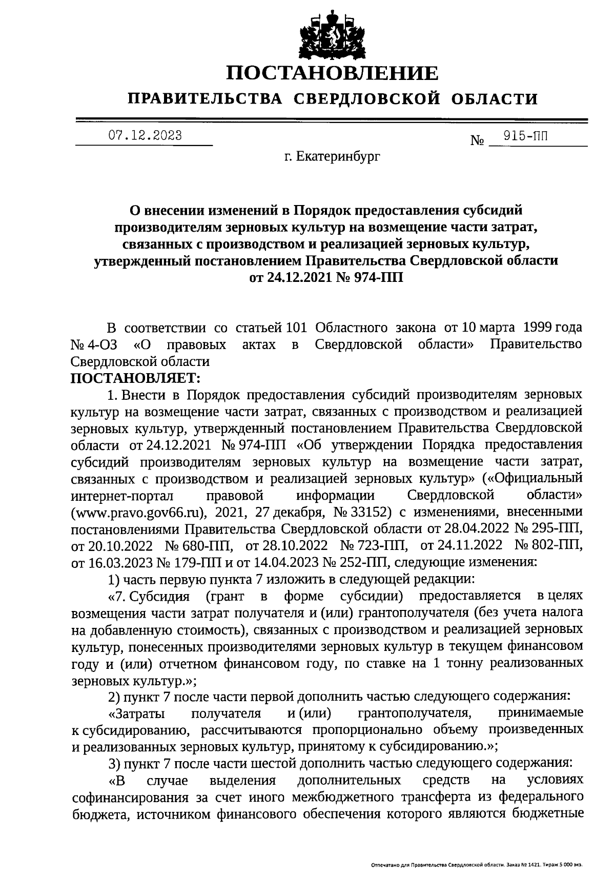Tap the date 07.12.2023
tap(145, 136)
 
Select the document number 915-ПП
tap(525, 136)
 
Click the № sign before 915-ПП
tap(477, 140)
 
